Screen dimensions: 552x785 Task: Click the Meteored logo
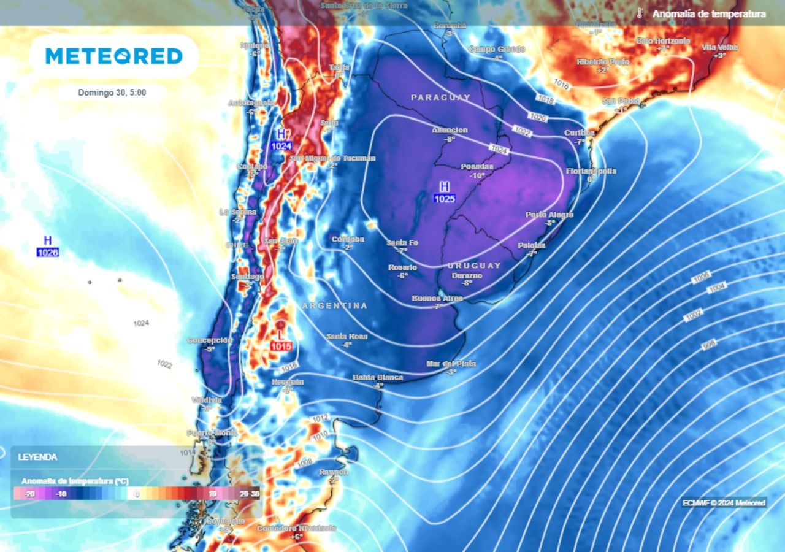pyautogui.click(x=114, y=56)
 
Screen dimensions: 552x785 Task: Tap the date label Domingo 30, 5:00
pyautogui.click(x=112, y=93)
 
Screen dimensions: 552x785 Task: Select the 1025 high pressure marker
pyautogui.click(x=444, y=192)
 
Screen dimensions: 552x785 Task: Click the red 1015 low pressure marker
pyautogui.click(x=281, y=340)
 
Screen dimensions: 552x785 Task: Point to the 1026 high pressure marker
pyautogui.click(x=48, y=245)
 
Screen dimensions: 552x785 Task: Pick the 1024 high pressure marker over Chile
pyautogui.click(x=281, y=140)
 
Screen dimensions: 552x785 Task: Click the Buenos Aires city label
pyautogui.click(x=437, y=299)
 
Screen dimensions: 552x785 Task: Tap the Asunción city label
pyautogui.click(x=450, y=130)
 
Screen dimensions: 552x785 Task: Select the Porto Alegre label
pyautogui.click(x=549, y=215)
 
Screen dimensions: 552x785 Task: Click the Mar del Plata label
pyautogui.click(x=451, y=364)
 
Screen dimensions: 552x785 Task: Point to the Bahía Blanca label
pyautogui.click(x=378, y=377)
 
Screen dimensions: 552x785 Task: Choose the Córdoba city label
pyautogui.click(x=348, y=239)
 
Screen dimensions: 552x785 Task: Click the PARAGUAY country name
pyautogui.click(x=440, y=98)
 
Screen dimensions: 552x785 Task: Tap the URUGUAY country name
pyautogui.click(x=474, y=266)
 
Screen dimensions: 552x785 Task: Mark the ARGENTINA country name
pyautogui.click(x=335, y=305)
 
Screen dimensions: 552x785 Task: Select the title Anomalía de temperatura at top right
pyautogui.click(x=709, y=13)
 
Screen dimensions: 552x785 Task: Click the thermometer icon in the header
pyautogui.click(x=639, y=13)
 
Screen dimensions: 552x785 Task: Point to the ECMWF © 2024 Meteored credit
pyautogui.click(x=724, y=503)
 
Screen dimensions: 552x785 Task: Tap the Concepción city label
pyautogui.click(x=210, y=340)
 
